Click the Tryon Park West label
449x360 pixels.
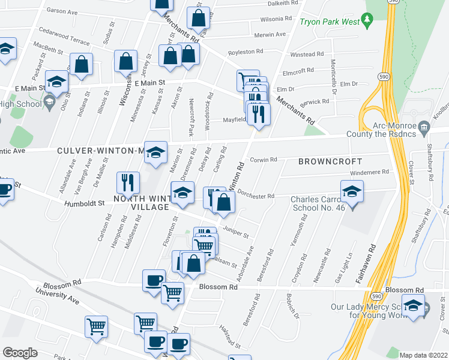pos(330,22)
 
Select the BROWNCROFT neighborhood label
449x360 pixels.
pos(330,161)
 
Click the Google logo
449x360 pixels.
pos(20,353)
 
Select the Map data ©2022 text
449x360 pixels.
pos(423,355)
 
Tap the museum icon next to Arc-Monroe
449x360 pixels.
pos(424,127)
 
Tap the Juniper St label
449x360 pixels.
pos(235,230)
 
